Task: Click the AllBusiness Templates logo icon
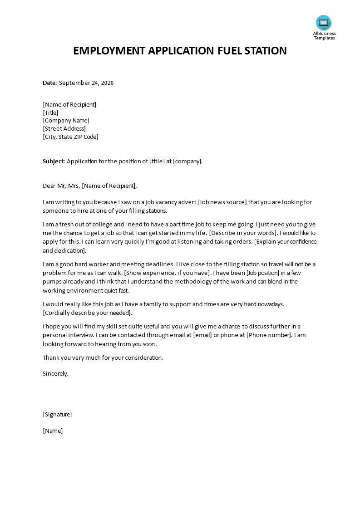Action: click(x=324, y=23)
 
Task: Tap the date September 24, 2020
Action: click(x=86, y=83)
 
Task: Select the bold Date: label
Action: click(x=50, y=83)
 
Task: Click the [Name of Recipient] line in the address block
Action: click(x=69, y=104)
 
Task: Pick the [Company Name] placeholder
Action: click(x=66, y=121)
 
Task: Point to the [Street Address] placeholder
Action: click(x=64, y=128)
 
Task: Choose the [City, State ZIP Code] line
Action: click(x=70, y=137)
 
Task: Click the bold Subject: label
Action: click(x=54, y=161)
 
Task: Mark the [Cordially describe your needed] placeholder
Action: click(x=87, y=313)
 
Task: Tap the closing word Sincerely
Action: click(x=55, y=373)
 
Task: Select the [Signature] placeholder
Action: click(x=57, y=414)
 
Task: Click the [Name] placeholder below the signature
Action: click(x=53, y=431)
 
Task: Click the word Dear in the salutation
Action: click(x=49, y=186)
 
